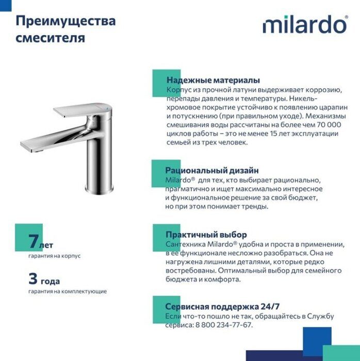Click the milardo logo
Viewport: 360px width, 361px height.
pyautogui.click(x=304, y=25)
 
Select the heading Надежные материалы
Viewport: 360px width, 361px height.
pyautogui.click(x=213, y=80)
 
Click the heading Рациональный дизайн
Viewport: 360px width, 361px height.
pyautogui.click(x=212, y=170)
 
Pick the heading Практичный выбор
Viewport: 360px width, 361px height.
pyautogui.click(x=206, y=235)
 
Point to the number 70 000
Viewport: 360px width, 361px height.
pyautogui.click(x=327, y=124)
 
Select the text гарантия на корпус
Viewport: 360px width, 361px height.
pyautogui.click(x=54, y=256)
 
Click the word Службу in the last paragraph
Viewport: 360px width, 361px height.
pyautogui.click(x=323, y=316)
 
